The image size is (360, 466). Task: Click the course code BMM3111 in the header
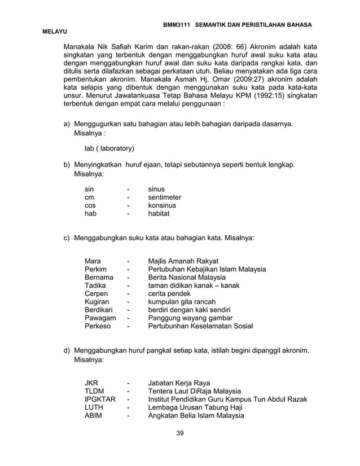click(x=177, y=26)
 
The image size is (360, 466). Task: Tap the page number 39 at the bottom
click(x=180, y=433)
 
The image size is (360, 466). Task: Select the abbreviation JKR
click(x=91, y=383)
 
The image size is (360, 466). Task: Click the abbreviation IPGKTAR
click(x=100, y=399)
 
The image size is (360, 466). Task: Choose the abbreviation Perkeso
click(x=98, y=326)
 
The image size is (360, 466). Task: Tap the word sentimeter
click(x=164, y=197)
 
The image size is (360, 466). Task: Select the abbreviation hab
click(x=91, y=214)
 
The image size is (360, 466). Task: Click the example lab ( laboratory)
click(x=109, y=149)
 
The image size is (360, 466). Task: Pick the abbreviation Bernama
click(x=99, y=278)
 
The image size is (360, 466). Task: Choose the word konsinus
click(x=162, y=206)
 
